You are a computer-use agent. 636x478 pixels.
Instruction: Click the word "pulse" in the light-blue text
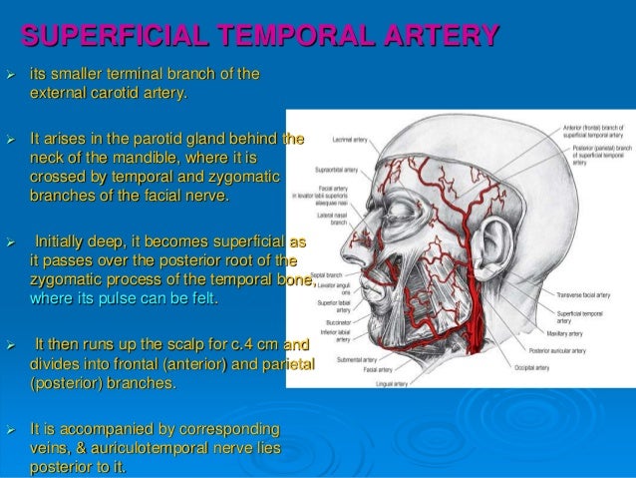tap(141, 298)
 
